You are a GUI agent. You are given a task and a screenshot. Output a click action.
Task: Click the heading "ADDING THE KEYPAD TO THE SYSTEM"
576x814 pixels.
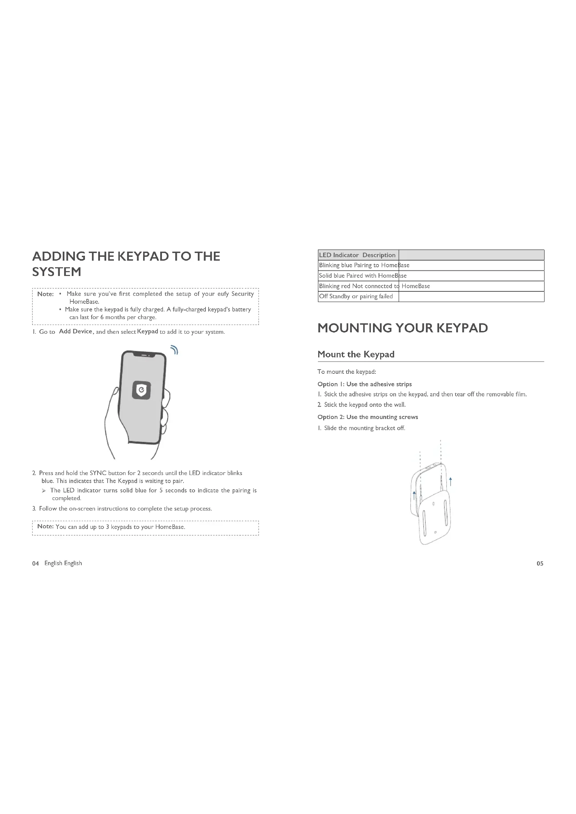pos(126,264)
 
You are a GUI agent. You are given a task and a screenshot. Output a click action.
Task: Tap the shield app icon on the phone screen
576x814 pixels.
pos(141,390)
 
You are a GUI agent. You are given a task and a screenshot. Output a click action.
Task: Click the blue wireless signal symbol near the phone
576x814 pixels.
pos(174,350)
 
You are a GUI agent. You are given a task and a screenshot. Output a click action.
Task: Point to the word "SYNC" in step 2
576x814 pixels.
pos(98,473)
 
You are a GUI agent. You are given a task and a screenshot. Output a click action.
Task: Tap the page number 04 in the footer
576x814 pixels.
pos(36,563)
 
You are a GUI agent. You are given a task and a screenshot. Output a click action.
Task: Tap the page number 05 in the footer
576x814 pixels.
pos(540,563)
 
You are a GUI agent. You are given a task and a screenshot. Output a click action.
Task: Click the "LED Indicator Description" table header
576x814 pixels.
pos(357,255)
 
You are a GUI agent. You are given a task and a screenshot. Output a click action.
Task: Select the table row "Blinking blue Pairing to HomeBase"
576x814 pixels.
pos(364,265)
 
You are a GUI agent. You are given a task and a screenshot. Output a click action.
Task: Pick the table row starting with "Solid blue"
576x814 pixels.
pos(363,276)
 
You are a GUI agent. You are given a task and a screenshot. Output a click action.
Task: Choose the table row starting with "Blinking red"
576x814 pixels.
pos(374,286)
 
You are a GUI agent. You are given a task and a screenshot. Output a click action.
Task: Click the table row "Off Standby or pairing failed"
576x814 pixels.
pos(356,297)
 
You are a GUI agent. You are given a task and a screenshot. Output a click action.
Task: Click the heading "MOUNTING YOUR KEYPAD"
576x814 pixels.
pos(403,328)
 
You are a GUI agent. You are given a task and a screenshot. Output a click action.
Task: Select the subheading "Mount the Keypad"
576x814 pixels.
pos(356,354)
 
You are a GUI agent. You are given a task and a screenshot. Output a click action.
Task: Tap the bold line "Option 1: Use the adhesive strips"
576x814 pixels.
pos(365,384)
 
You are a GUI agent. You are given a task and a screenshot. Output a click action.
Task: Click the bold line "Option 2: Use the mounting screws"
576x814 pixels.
pos(368,417)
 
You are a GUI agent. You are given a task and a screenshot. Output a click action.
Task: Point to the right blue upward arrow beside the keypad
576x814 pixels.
pos(450,481)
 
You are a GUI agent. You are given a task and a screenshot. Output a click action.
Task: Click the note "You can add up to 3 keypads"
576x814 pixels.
pos(120,527)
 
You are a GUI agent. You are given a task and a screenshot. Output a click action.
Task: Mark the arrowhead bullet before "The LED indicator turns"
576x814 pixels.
pos(44,491)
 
